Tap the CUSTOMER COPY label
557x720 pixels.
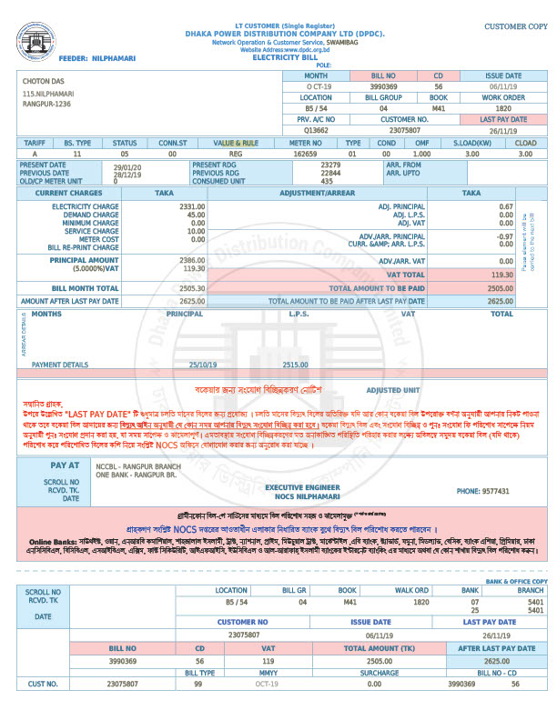[x=515, y=27]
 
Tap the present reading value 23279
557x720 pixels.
[x=331, y=165]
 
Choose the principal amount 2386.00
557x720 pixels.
[x=191, y=260]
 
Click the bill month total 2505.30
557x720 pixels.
[x=191, y=287]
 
